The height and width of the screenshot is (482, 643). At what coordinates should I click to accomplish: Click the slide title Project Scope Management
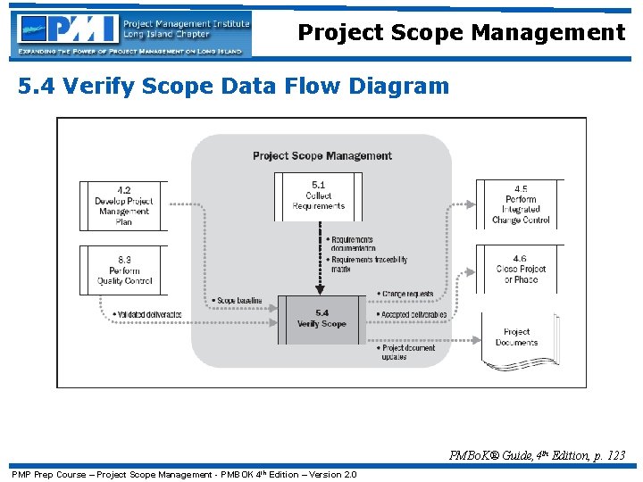click(x=461, y=33)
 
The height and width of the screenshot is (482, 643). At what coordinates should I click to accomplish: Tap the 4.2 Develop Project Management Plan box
click(x=124, y=206)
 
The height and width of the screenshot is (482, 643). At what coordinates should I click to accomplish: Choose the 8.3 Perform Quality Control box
click(x=124, y=270)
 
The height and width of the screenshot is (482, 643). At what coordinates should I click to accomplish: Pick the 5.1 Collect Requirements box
click(x=319, y=196)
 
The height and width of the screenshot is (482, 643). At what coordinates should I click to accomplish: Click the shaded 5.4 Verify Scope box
click(x=321, y=319)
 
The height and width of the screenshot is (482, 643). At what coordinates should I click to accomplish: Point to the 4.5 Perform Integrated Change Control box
click(x=521, y=204)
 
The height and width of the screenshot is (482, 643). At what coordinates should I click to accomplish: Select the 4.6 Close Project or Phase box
click(x=521, y=269)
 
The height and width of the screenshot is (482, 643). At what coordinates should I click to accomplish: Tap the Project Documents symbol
click(x=518, y=339)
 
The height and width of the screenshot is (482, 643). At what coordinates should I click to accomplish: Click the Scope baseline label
click(x=238, y=301)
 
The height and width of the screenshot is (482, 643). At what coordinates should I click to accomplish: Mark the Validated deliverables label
click(x=148, y=315)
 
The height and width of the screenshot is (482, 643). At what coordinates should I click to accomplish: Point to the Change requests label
click(x=407, y=294)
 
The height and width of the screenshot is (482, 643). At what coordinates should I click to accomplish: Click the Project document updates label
click(x=408, y=353)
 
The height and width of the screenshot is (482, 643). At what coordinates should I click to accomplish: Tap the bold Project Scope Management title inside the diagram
click(x=322, y=156)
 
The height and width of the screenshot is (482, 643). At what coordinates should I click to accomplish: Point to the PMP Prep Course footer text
click(x=184, y=474)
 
